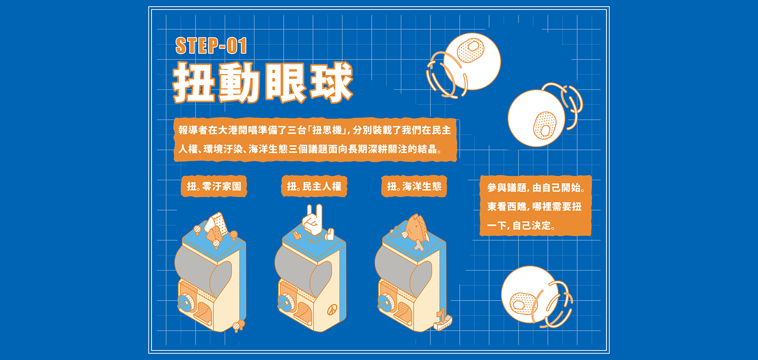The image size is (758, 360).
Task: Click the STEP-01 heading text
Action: tap(211, 45)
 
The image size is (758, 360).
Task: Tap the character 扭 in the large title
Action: tap(194, 82)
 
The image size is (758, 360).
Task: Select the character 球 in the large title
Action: tap(331, 82)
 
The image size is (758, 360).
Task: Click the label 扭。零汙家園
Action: tap(214, 186)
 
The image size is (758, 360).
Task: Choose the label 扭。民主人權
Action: tap(314, 186)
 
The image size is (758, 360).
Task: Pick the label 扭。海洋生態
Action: tap(414, 186)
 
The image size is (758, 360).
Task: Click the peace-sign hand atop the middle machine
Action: tap(313, 220)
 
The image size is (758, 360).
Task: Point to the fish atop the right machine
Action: tap(416, 230)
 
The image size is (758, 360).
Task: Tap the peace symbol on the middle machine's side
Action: tap(332, 309)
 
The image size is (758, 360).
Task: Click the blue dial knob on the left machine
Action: tap(184, 302)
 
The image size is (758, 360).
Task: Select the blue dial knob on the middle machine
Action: tap(284, 302)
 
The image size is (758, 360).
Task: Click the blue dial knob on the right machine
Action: tap(384, 302)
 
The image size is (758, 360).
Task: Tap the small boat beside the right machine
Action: tap(442, 320)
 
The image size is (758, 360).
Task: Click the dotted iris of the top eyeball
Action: tap(471, 50)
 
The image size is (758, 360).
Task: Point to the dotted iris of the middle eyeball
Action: tap(545, 125)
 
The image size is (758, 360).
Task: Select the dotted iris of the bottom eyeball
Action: tap(524, 303)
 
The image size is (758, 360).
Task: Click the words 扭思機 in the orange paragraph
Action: tap(326, 130)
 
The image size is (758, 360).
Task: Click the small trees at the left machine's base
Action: tap(239, 325)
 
